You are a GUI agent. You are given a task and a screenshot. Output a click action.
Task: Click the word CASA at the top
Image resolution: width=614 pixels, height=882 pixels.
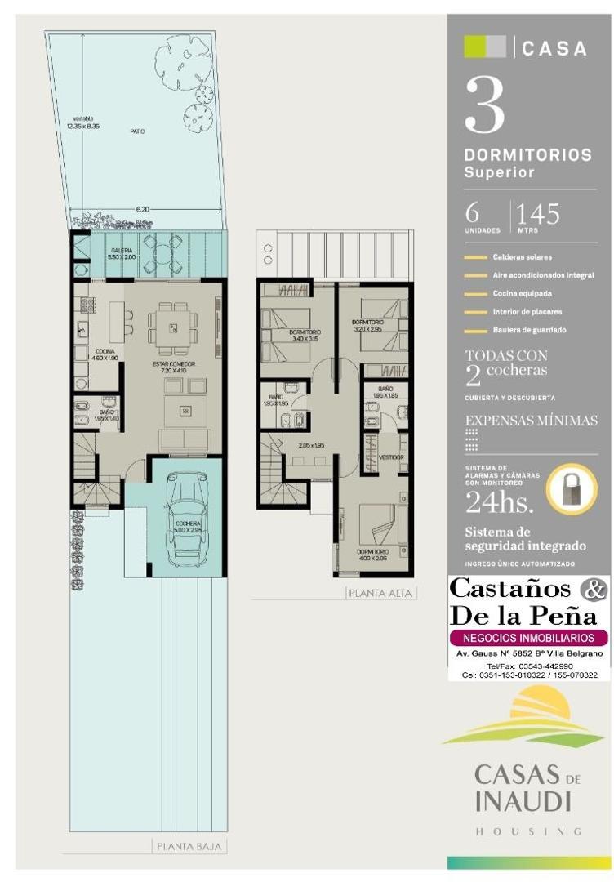554,49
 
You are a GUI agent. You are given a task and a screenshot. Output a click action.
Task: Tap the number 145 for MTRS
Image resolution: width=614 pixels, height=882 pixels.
537,215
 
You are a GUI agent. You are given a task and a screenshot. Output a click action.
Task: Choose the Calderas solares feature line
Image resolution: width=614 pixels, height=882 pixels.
522,257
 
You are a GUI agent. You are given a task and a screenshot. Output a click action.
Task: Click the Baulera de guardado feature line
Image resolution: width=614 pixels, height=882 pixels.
528,330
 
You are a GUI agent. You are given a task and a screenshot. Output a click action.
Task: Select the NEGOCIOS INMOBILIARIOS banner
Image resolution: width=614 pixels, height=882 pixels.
529,638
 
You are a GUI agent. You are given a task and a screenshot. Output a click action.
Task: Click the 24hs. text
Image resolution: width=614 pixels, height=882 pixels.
499,501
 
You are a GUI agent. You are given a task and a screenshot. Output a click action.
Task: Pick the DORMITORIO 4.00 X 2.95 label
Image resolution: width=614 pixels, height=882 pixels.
372,555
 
